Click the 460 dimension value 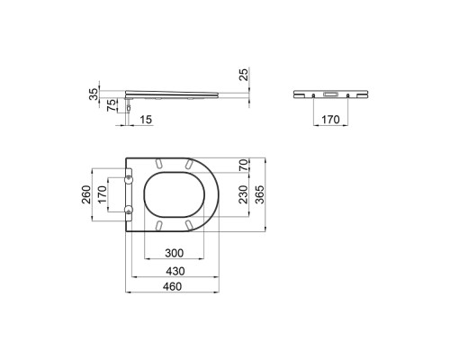pos(172,286)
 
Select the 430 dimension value pos(175,271)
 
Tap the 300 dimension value pos(175,253)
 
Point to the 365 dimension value pos(260,194)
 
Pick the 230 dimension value pos(244,194)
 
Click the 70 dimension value pos(244,166)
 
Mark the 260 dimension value pos(86,194)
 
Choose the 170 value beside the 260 pos(103,194)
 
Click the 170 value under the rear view pos(330,120)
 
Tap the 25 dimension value pos(245,75)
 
